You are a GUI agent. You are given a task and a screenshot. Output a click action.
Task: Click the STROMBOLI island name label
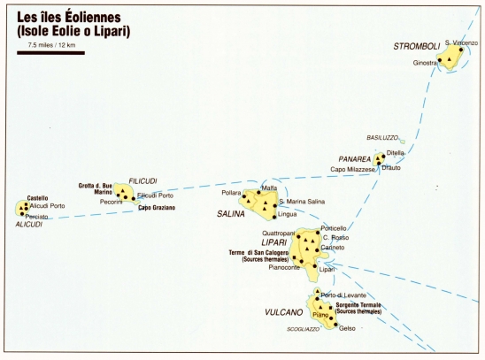click(x=416, y=46)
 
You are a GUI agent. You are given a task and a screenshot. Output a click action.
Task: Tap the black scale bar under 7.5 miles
click(x=50, y=53)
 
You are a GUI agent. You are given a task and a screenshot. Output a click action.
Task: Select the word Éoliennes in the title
click(x=93, y=17)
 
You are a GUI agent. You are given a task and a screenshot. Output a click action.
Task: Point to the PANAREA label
click(x=355, y=159)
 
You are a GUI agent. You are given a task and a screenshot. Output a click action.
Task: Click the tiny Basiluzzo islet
click(x=403, y=142)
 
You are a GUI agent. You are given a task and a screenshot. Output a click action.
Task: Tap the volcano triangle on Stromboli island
click(x=449, y=59)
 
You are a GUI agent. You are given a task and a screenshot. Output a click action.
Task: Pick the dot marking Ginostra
click(x=440, y=60)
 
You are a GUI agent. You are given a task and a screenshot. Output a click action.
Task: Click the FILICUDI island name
click(x=142, y=181)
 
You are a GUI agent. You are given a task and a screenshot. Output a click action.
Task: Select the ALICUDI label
click(x=29, y=225)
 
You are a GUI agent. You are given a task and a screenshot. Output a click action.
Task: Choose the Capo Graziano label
click(x=157, y=208)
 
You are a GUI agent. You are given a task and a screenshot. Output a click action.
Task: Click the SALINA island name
click(x=231, y=214)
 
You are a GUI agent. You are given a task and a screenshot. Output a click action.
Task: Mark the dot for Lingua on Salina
click(x=274, y=218)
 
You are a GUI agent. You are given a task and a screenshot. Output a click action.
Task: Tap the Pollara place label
click(x=231, y=193)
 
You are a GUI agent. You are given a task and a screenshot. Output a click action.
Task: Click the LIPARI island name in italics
click(x=274, y=242)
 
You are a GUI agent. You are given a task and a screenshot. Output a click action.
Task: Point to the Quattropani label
click(x=279, y=234)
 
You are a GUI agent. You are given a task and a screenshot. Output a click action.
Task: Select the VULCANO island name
click(x=283, y=312)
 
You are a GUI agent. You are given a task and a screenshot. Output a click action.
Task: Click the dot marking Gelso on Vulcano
click(x=335, y=325)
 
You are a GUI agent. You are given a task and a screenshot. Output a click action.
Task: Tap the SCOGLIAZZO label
click(x=303, y=329)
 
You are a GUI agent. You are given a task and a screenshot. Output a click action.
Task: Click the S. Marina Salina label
click(x=302, y=202)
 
